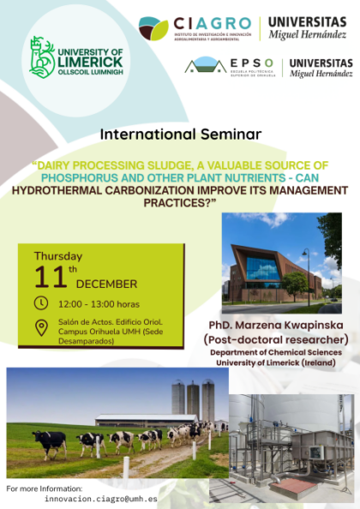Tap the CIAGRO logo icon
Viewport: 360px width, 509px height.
153,28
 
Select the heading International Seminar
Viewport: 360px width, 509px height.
180,134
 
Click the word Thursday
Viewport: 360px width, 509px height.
58,255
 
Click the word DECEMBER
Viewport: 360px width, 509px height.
106,284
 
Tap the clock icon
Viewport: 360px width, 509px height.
41,302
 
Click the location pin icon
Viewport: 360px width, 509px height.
41,326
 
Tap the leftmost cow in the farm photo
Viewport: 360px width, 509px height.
50,440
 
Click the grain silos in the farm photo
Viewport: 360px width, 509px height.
191,399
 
